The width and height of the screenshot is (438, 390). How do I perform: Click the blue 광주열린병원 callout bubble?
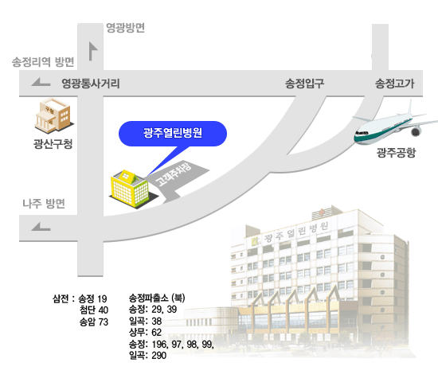tap(173, 134)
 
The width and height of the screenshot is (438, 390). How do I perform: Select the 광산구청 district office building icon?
tap(54, 116)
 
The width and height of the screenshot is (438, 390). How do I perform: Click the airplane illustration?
tap(394, 125)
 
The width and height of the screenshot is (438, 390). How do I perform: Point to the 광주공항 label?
tap(396, 153)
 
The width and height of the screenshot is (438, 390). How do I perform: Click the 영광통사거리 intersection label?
tap(91, 84)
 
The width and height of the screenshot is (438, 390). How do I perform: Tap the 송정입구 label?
tap(304, 84)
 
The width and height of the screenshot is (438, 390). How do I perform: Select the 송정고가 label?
tap(394, 84)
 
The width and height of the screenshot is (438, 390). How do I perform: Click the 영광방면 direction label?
tap(125, 28)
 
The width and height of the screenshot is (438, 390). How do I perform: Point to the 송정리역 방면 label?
tap(43, 62)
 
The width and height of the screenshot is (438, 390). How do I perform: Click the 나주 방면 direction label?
tap(44, 204)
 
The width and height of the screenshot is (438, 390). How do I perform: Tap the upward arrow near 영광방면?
tap(92, 51)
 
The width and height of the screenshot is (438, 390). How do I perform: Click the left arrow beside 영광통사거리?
tap(41, 82)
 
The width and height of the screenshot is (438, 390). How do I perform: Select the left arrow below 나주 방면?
tap(41, 227)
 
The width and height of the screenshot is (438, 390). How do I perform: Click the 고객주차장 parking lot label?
tap(174, 174)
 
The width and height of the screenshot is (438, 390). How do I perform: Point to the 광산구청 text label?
tap(53, 144)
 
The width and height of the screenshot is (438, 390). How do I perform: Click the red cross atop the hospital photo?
tap(322, 212)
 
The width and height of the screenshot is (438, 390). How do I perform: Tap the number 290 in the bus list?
tap(159, 356)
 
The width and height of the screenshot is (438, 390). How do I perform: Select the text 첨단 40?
tap(94, 310)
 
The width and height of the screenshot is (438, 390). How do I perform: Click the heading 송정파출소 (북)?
tap(157, 298)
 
